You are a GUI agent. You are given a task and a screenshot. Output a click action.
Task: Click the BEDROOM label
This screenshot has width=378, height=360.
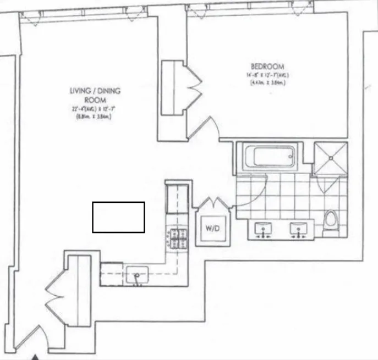tap(266, 67)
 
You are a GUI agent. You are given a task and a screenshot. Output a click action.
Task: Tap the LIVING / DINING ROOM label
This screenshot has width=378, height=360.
tap(95, 94)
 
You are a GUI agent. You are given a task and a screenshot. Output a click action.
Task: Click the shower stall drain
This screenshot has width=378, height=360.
tap(331, 157)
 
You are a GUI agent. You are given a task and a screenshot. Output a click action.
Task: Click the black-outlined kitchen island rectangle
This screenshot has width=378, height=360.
tap(118, 217)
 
